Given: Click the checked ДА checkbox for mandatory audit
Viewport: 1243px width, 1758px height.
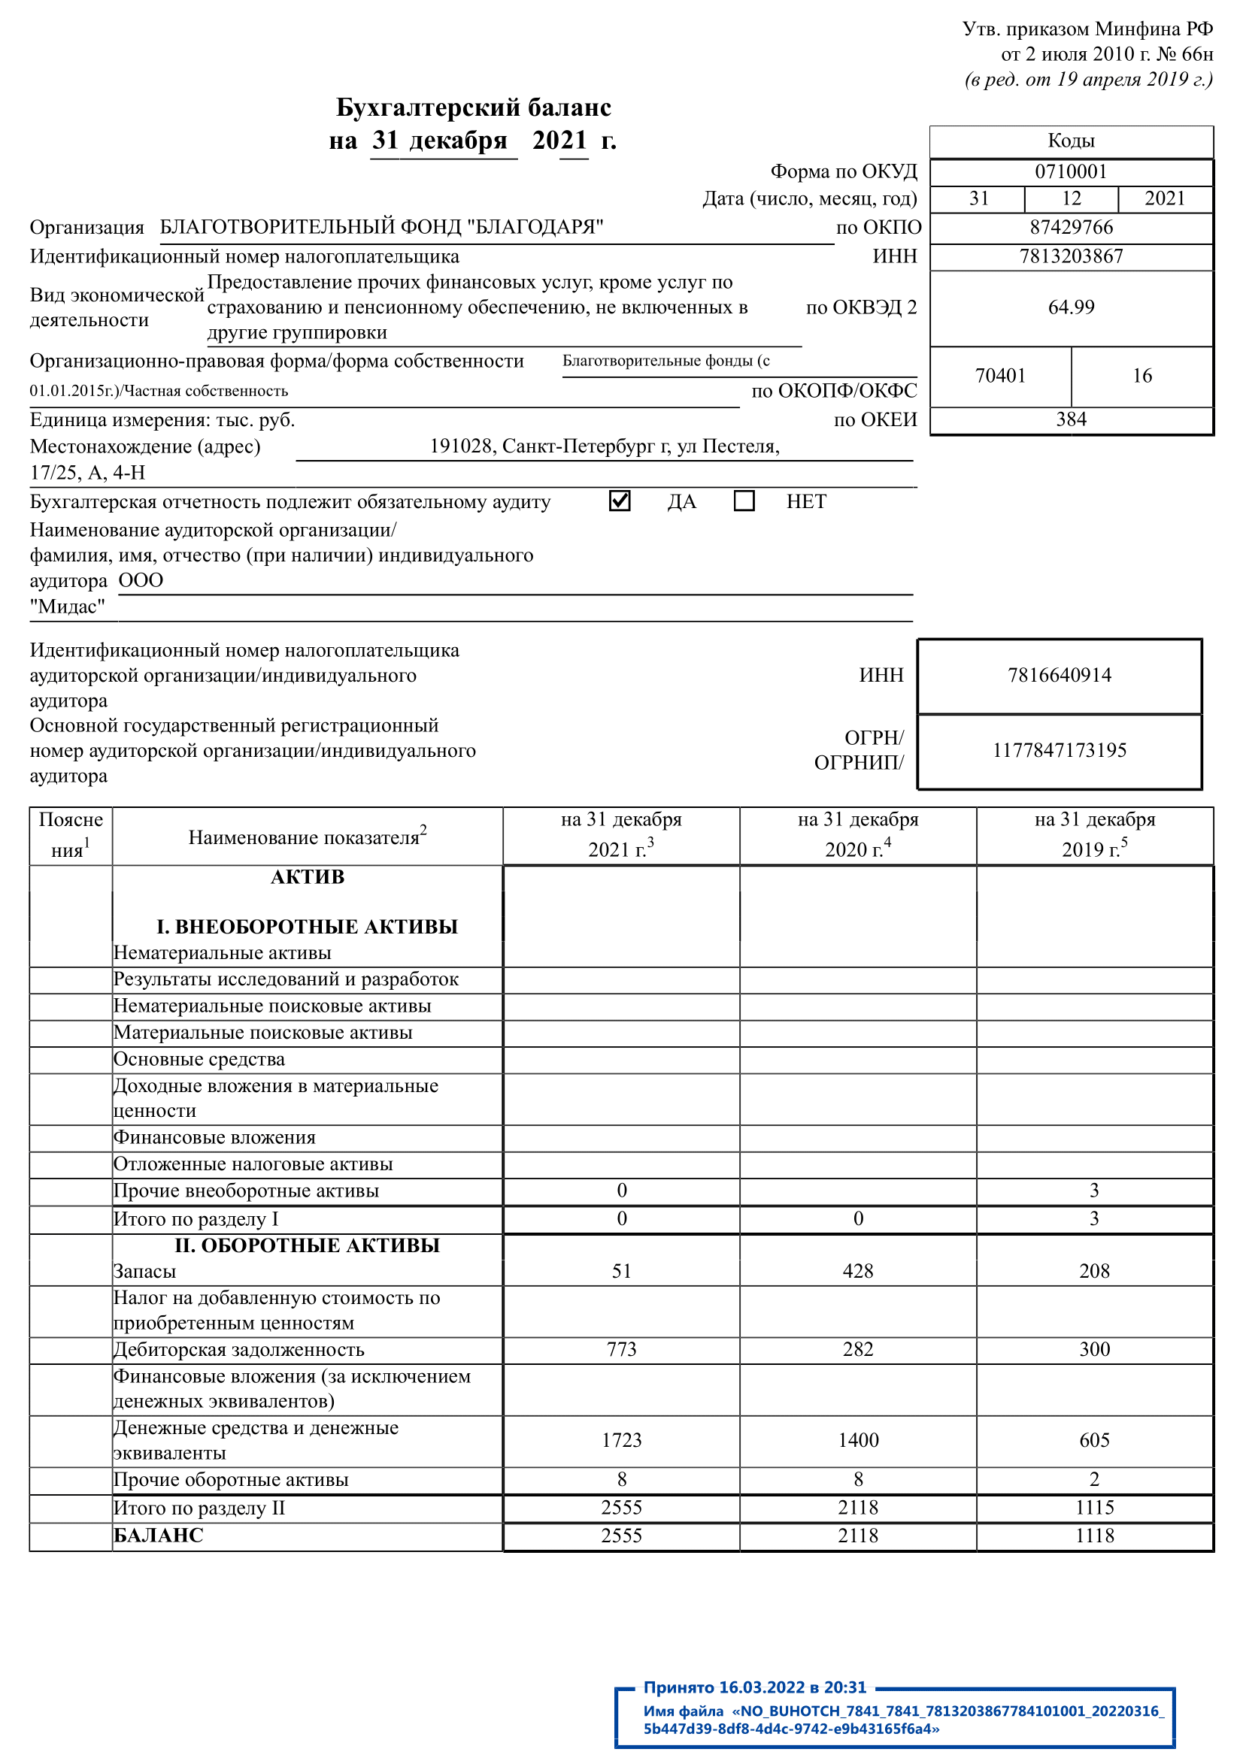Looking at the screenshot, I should coord(620,501).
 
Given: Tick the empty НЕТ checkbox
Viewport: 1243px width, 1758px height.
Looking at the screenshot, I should coord(744,501).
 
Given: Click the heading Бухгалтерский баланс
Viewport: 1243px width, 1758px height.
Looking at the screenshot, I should coord(473,108).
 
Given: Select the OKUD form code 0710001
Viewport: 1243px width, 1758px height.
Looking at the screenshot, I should coord(1071,171).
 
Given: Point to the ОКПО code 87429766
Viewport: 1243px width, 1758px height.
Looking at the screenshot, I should coord(1071,228).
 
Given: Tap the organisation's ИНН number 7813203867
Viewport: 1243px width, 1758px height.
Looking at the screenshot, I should coord(1071,256).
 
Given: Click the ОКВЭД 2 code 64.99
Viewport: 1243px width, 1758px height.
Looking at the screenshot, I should coord(1071,308).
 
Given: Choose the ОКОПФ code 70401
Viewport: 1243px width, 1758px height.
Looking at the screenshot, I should coord(1000,376).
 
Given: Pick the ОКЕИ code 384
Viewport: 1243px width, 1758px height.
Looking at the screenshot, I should coord(1071,419).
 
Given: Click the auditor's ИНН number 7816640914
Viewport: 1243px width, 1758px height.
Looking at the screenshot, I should coord(1060,676).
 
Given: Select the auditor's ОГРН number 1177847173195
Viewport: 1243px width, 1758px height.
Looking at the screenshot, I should coord(1060,750).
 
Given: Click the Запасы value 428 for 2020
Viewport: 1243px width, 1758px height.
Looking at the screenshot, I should coord(858,1272).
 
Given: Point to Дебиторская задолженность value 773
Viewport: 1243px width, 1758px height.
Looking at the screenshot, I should coord(621,1350).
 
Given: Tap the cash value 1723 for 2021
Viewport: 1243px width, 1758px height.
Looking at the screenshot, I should coord(621,1441).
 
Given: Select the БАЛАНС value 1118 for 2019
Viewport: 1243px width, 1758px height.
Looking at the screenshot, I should coord(1094,1536).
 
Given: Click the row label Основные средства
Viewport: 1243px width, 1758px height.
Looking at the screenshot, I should coord(199,1060).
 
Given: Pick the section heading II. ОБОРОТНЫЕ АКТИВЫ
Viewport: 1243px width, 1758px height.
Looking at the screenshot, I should coord(307,1245).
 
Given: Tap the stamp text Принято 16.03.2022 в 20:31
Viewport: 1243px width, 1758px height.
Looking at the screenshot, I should coord(754,1687).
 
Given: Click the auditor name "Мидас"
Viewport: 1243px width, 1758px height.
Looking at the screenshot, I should coord(68,607).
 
